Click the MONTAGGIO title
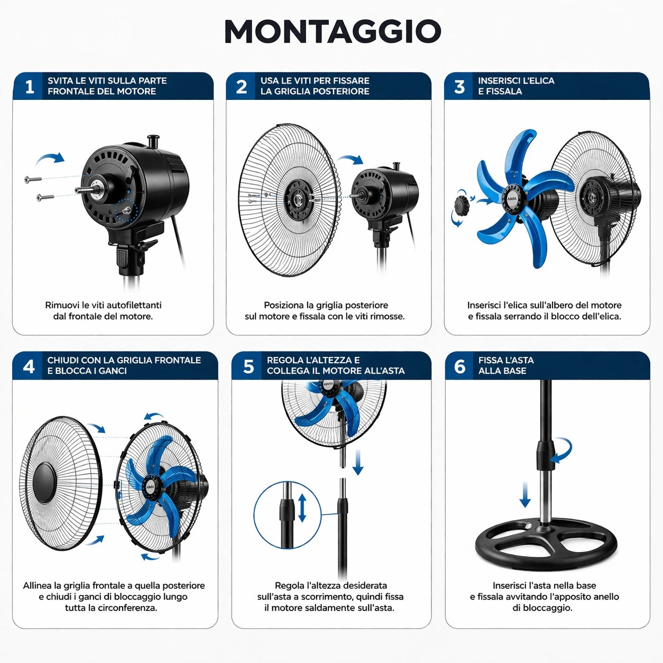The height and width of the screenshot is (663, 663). [333, 31]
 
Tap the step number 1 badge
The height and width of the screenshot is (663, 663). [30, 86]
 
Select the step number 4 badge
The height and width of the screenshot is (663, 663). [29, 366]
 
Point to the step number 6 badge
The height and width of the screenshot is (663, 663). [459, 366]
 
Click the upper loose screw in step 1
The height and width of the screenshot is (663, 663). [33, 179]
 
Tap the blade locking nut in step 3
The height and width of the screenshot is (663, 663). [462, 205]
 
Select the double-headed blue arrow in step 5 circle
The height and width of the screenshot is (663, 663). [302, 508]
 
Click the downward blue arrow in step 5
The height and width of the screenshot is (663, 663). [358, 462]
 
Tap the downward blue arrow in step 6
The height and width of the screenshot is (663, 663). [524, 495]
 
